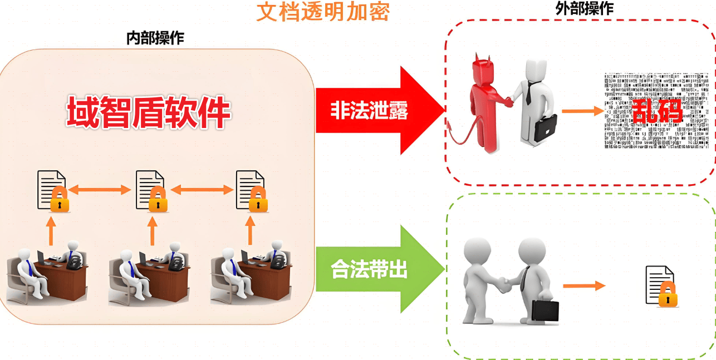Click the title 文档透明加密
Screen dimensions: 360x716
pyautogui.click(x=322, y=11)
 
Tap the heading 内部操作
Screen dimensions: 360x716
pyautogui.click(x=155, y=38)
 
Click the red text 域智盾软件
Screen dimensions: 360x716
pyautogui.click(x=149, y=112)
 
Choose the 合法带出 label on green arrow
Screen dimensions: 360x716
pyautogui.click(x=369, y=270)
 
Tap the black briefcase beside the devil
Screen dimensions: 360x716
pyautogui.click(x=546, y=127)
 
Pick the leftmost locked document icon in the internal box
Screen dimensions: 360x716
pyautogui.click(x=53, y=191)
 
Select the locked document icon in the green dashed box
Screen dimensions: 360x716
pyautogui.click(x=661, y=286)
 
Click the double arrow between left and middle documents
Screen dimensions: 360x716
pyautogui.click(x=100, y=190)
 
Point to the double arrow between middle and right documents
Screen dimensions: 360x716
pyautogui.click(x=202, y=190)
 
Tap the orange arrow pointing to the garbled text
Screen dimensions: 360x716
pyautogui.click(x=583, y=111)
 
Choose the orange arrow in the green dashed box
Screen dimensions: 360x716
pyautogui.click(x=583, y=286)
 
